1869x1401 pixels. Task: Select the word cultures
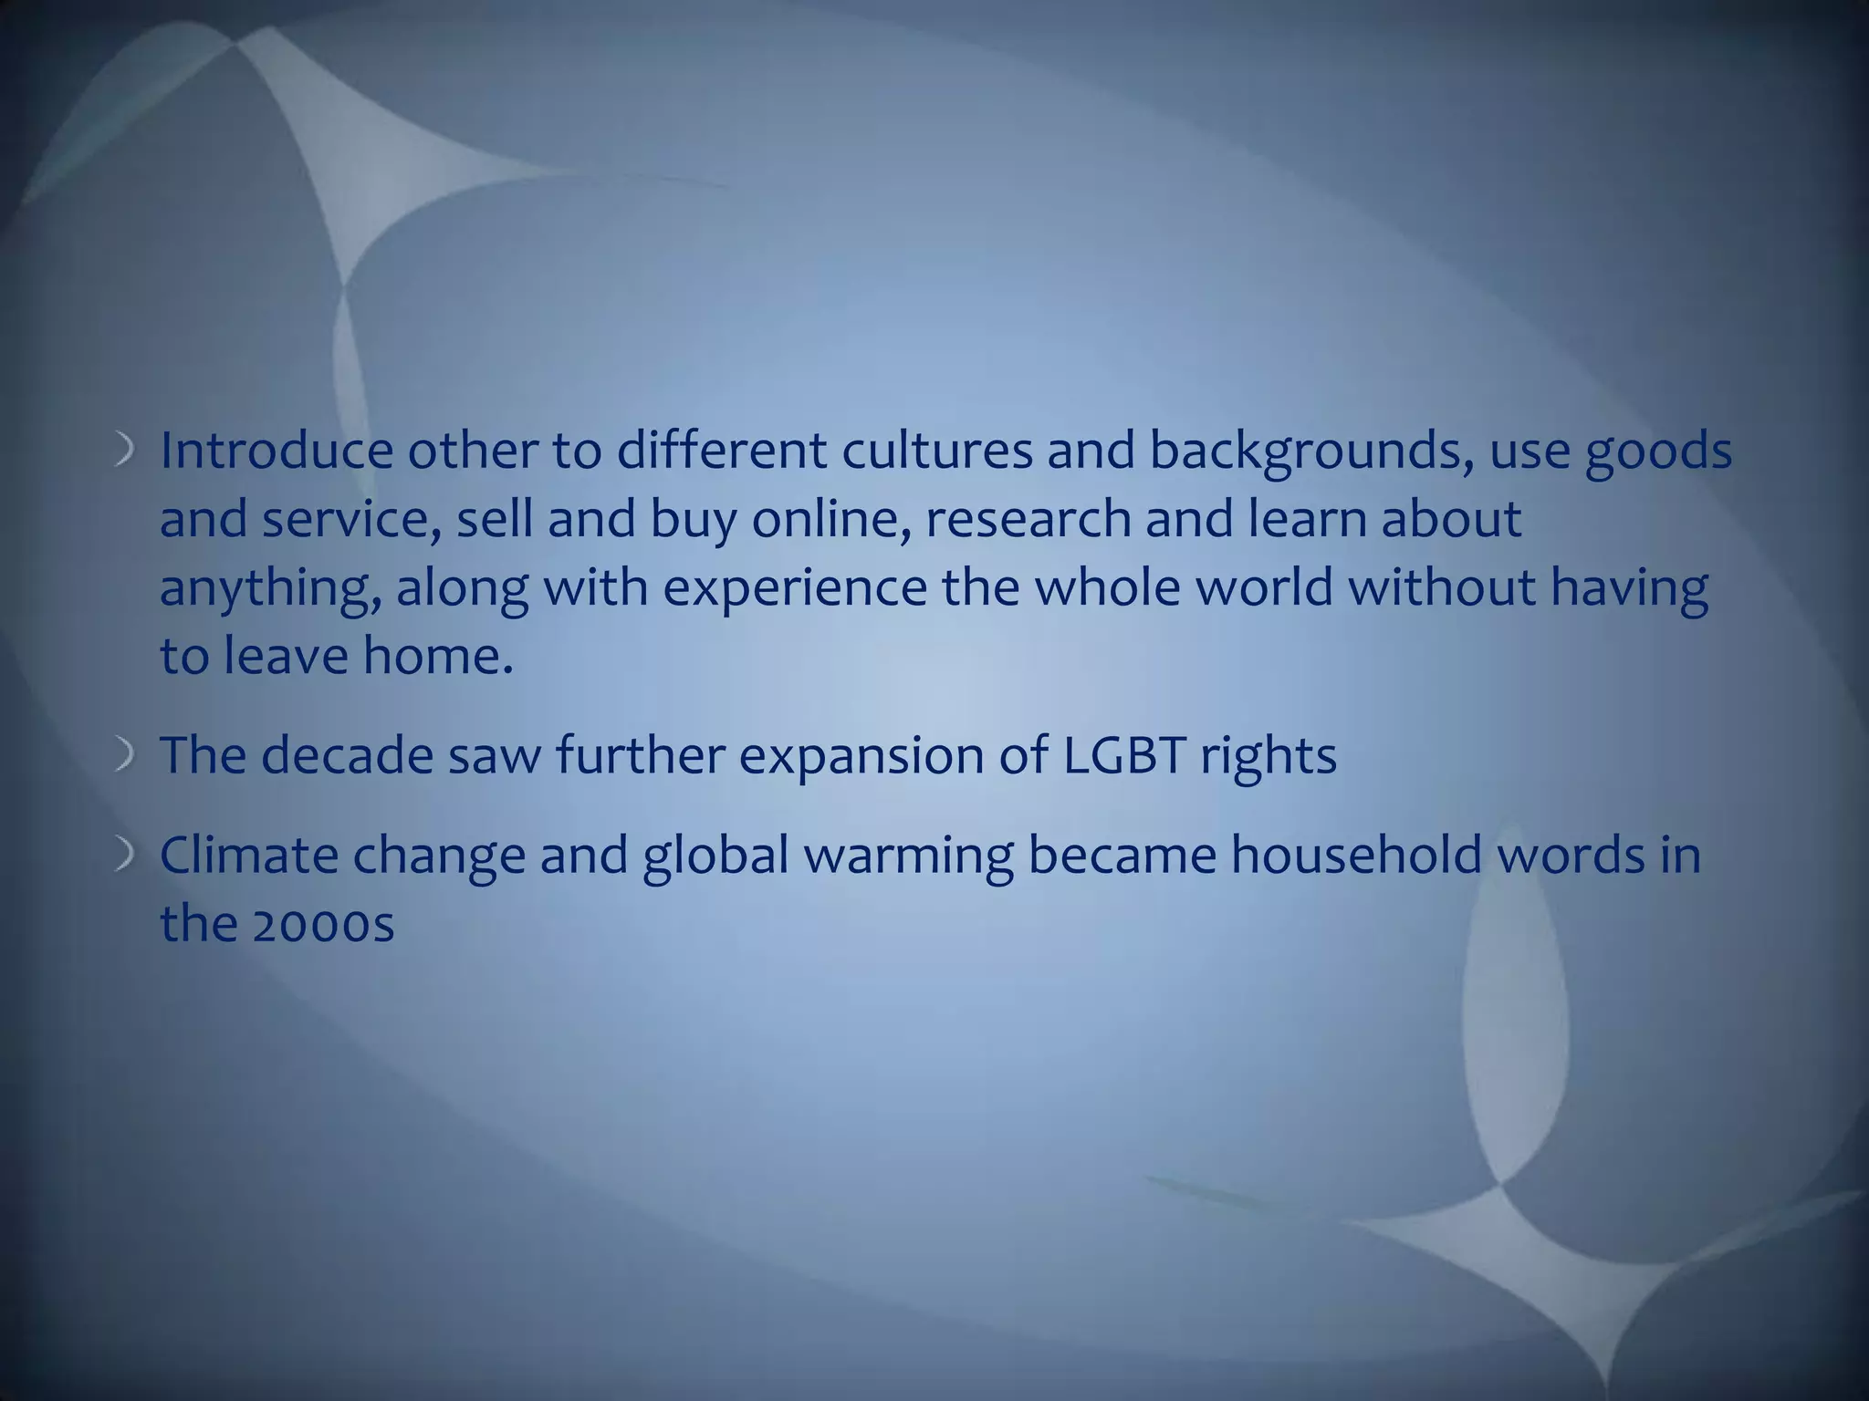click(936, 451)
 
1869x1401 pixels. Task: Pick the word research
click(1028, 519)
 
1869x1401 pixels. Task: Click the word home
click(438, 656)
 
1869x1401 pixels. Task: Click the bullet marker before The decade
click(126, 756)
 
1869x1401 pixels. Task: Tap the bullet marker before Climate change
click(126, 856)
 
